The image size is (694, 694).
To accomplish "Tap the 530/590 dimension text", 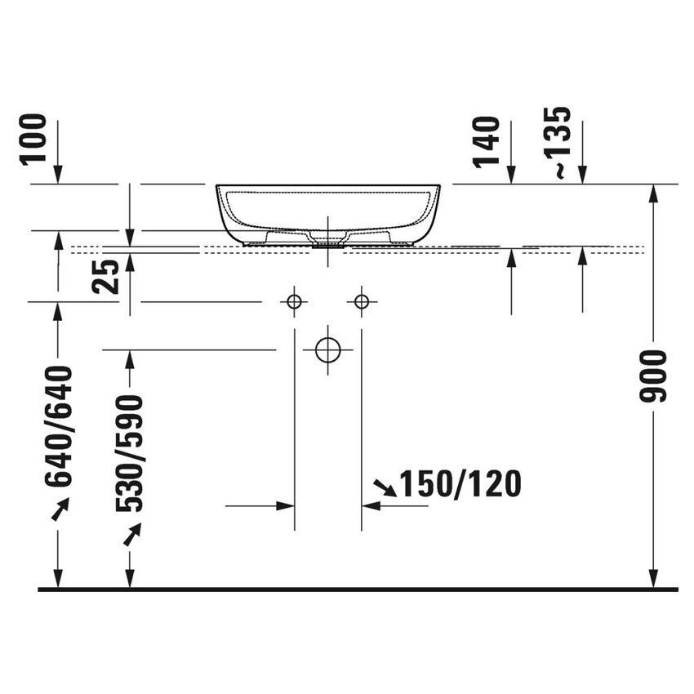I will pos(130,453).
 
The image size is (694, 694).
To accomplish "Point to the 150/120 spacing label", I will pos(460,485).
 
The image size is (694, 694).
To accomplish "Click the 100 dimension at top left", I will pos(36,140).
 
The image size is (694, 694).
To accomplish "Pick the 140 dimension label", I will pos(487,140).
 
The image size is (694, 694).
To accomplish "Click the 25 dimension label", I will pos(105,274).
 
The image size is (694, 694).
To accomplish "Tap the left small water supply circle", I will pos(294,302).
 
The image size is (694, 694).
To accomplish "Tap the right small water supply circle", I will pos(362,302).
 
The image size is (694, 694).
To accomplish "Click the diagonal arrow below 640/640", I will pos(60,509).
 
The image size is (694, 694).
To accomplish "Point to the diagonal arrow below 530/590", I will pos(131,534).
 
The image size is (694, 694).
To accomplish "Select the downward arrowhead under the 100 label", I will pos(58,175).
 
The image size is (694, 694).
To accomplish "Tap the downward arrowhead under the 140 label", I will pos(510,175).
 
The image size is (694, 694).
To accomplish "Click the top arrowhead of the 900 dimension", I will pos(653,193).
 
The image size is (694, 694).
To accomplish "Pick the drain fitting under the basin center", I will pos(327,242).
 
